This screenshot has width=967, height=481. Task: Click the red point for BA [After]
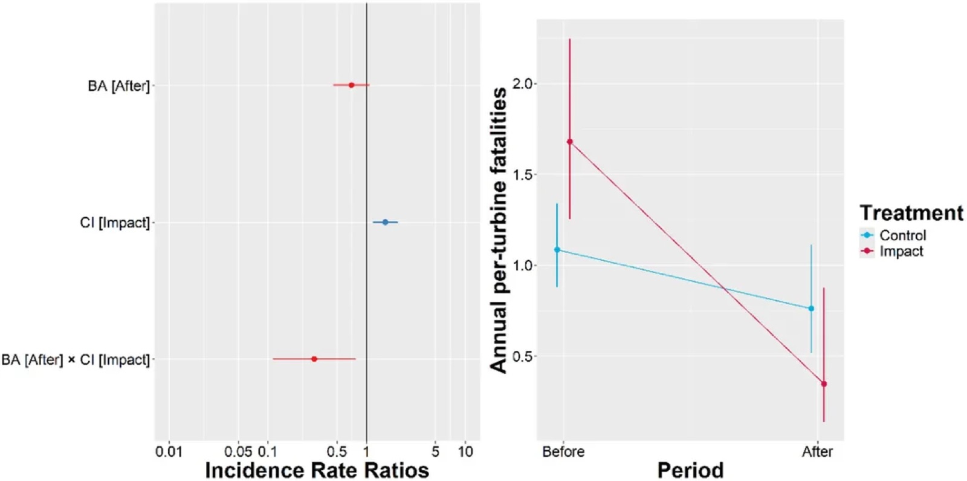point(351,85)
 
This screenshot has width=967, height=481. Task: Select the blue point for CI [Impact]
point(386,222)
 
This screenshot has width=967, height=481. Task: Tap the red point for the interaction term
point(314,359)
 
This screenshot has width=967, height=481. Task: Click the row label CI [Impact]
point(115,223)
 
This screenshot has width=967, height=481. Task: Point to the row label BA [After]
point(118,86)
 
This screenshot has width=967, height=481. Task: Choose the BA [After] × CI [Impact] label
point(76,359)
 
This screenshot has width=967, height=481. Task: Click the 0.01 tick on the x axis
point(169,452)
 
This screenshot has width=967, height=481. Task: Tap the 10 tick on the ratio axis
point(465,452)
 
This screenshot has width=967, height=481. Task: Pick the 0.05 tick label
point(238,452)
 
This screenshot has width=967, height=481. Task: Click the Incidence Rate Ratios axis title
point(317,470)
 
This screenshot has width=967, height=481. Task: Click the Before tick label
point(563,452)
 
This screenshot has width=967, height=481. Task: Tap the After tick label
point(817,452)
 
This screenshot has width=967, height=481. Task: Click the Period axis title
point(690,470)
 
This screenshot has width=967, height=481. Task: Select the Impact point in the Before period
point(570,142)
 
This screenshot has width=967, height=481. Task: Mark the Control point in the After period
point(811,309)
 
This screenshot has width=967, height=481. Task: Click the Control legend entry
point(894,235)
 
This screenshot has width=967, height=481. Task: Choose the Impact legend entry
point(892,251)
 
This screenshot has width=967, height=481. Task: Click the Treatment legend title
point(911,213)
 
